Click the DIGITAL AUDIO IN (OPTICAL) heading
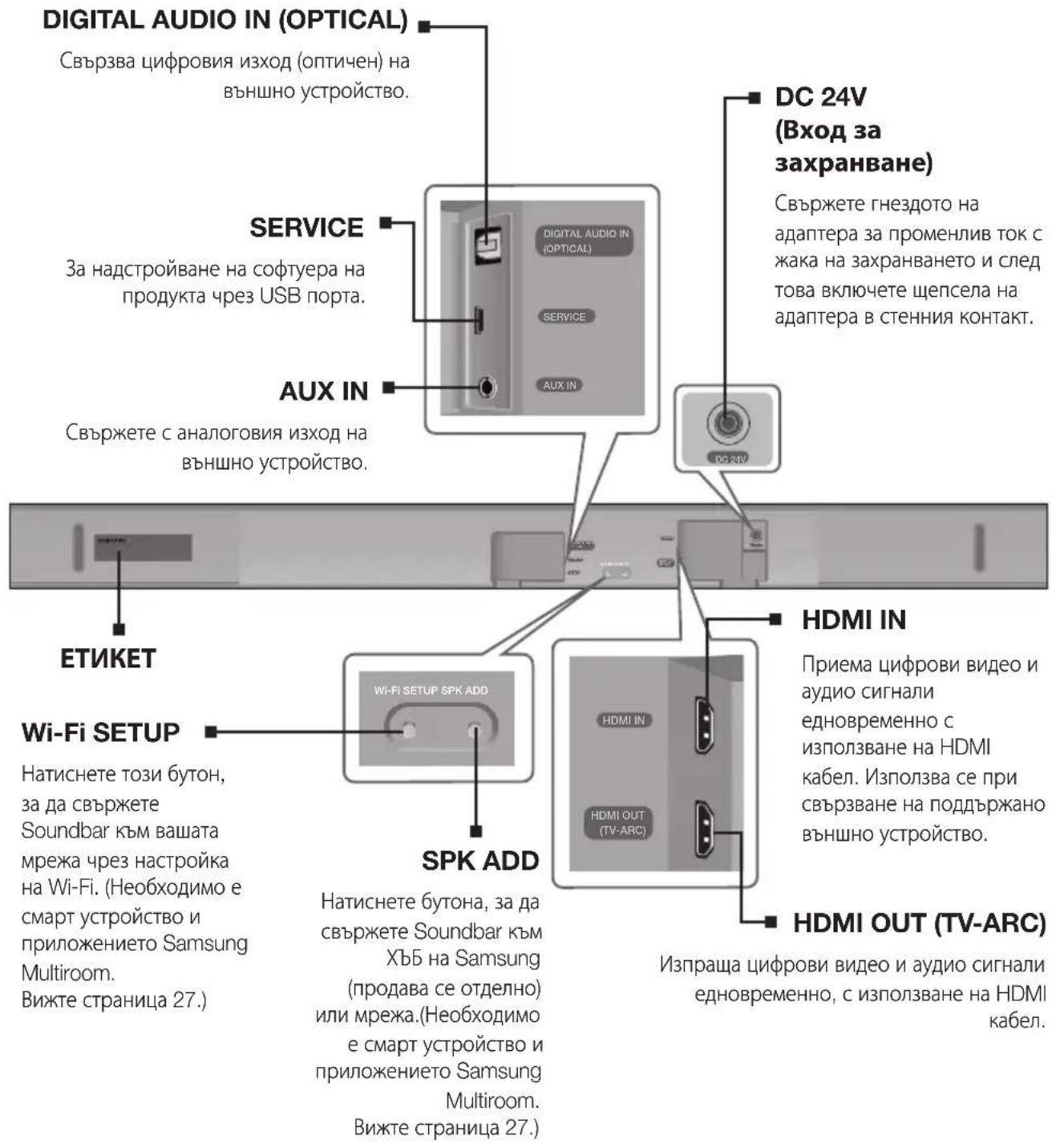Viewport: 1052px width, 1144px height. pyautogui.click(x=225, y=20)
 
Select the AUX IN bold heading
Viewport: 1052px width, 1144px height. pyautogui.click(x=323, y=391)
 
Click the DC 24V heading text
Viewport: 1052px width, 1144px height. pyautogui.click(x=820, y=97)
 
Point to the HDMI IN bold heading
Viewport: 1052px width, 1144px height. pyautogui.click(x=853, y=620)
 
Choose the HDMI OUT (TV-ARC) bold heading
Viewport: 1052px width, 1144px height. pyautogui.click(x=919, y=923)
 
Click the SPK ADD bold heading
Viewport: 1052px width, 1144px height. pyautogui.click(x=480, y=861)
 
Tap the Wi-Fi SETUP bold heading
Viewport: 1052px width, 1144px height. pyautogui.click(x=100, y=732)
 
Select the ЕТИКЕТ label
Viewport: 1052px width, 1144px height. pyautogui.click(x=107, y=659)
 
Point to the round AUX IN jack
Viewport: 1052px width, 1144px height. pyautogui.click(x=486, y=387)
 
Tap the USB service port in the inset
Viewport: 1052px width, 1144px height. pyautogui.click(x=479, y=318)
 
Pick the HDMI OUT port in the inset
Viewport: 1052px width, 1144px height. pyautogui.click(x=704, y=828)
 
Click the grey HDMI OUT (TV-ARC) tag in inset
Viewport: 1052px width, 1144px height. pyautogui.click(x=617, y=822)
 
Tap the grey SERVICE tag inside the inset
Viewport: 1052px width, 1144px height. pyautogui.click(x=564, y=317)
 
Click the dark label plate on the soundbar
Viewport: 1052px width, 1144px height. pyautogui.click(x=143, y=548)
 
